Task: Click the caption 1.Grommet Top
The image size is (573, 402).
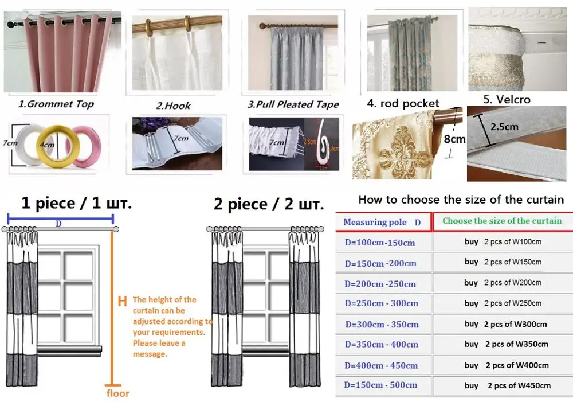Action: click(56, 104)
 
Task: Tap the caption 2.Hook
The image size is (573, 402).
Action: click(173, 106)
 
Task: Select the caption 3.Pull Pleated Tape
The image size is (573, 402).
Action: click(293, 104)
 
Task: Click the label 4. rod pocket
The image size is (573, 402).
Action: click(403, 104)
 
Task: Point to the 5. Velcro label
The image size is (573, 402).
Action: click(507, 99)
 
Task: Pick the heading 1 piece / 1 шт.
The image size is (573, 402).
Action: click(76, 204)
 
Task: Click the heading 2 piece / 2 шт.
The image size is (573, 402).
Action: click(268, 204)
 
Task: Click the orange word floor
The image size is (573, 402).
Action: click(117, 393)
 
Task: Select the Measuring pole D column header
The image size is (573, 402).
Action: click(382, 222)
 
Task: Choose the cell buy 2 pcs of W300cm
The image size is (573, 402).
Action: click(505, 324)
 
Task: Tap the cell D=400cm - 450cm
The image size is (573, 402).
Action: click(381, 365)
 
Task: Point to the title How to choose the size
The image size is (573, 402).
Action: click(461, 200)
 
